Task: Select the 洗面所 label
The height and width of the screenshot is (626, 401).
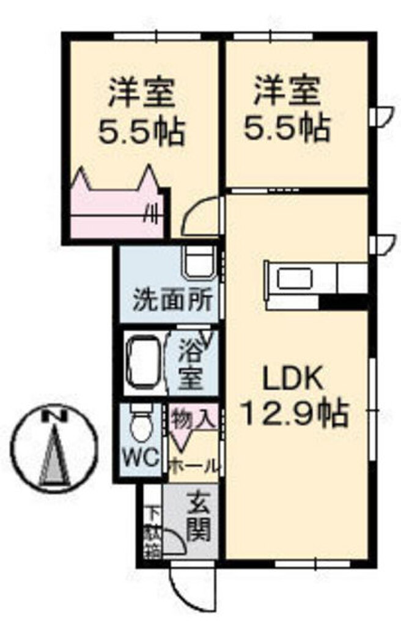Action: [173, 301]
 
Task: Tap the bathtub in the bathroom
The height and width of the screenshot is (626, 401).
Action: [144, 363]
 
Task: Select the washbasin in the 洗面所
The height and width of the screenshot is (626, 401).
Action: [199, 265]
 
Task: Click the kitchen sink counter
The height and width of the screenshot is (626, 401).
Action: [300, 281]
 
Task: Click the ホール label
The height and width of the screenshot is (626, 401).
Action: [193, 466]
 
